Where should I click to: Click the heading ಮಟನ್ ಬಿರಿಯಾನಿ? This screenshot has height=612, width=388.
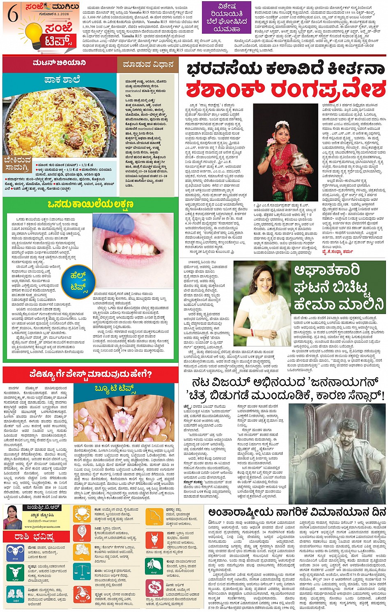(60, 63)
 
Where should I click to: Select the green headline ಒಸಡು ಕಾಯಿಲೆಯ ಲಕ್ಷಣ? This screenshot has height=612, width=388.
(90, 204)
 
